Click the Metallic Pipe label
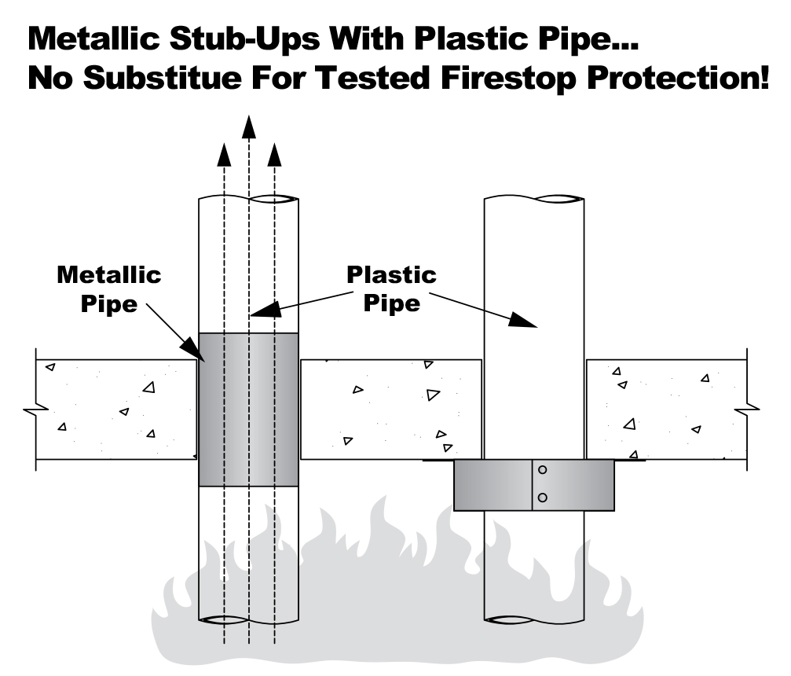click(x=109, y=288)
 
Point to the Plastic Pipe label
click(x=392, y=288)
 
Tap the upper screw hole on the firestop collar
click(x=542, y=470)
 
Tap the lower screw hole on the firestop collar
click(x=542, y=498)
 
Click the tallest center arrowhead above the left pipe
click(x=249, y=126)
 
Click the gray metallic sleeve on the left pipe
click(x=247, y=409)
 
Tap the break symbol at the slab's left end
click(x=30, y=409)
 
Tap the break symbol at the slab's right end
click(x=752, y=409)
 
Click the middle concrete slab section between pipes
click(x=390, y=409)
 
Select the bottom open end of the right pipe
click(x=534, y=619)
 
